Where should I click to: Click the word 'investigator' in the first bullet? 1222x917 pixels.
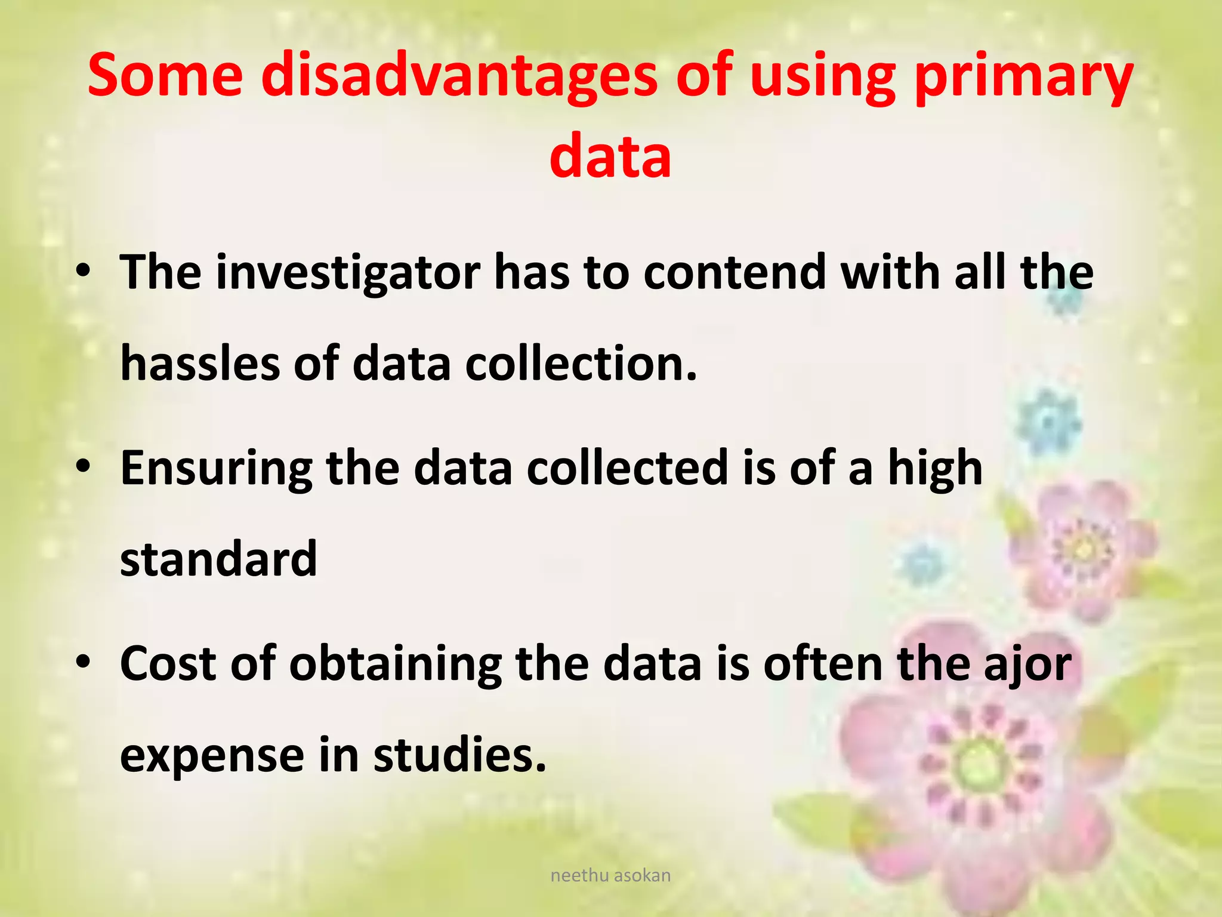[x=347, y=273]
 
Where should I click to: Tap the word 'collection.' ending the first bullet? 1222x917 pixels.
[x=581, y=363]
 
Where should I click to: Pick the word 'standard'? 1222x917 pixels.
[x=218, y=559]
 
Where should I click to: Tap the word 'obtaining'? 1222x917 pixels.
[x=395, y=664]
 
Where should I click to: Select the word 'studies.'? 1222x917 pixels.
[x=459, y=755]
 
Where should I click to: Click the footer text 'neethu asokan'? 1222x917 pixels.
[x=610, y=875]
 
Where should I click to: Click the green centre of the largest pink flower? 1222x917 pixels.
[x=979, y=765]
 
